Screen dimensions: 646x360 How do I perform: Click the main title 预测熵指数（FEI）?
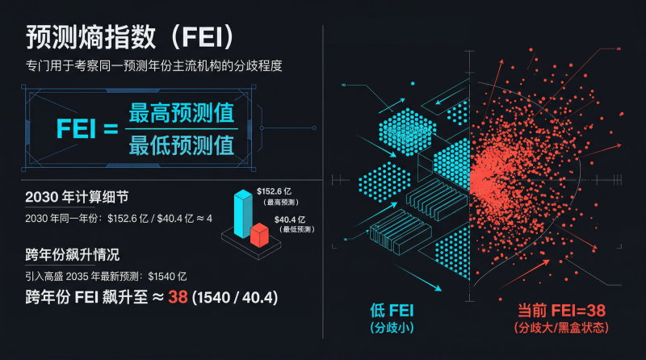coord(130,37)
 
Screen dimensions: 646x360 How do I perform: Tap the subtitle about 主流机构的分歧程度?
coord(153,65)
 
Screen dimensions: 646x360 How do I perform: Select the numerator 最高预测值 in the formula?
coord(182,113)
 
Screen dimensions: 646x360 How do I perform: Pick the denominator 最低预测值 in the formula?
coord(182,144)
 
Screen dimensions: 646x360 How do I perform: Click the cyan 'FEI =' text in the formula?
coord(87,129)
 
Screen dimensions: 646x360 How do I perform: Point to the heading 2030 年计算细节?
coord(77,196)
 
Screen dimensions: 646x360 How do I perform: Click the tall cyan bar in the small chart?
coord(241,212)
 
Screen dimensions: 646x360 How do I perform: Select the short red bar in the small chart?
coord(258,235)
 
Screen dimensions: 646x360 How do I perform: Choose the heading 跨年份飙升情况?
coord(73,255)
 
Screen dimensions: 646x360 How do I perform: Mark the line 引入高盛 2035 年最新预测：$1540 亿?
coord(106,276)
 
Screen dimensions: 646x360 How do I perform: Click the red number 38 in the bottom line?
coord(178,298)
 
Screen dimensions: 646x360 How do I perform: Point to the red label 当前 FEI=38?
coord(560,310)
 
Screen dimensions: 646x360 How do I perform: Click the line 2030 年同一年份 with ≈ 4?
coord(119,218)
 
